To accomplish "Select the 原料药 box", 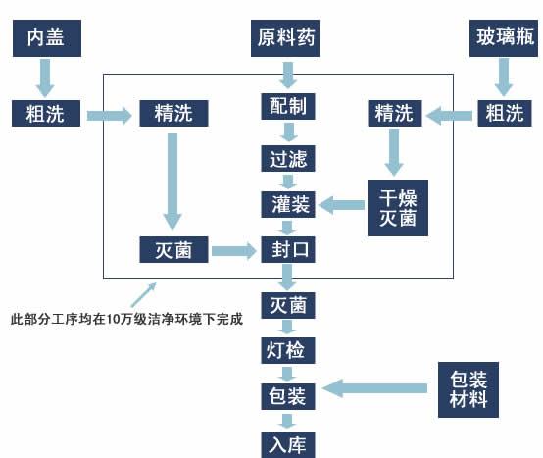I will [286, 38].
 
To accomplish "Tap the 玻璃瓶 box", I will [501, 38].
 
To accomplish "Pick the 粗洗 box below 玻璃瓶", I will [501, 114].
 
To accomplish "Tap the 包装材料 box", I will [468, 388].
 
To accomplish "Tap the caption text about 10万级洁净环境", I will [124, 318].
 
